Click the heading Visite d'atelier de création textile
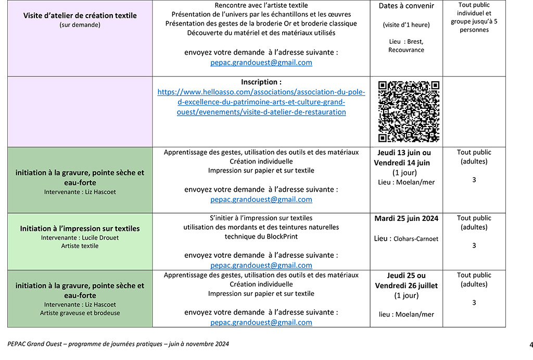tap(80, 16)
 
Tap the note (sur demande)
tap(80, 25)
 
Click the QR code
tap(409, 111)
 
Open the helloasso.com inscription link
tap(261, 102)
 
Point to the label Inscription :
tap(261, 82)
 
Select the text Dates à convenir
tap(406, 7)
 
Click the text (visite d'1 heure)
tap(406, 25)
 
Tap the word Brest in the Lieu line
tap(414, 42)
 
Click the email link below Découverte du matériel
tap(261, 63)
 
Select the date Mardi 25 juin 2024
tap(406, 218)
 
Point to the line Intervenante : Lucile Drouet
tap(80, 238)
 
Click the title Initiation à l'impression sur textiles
tap(80, 229)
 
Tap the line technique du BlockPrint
tap(261, 237)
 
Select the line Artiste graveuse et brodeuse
tap(80, 313)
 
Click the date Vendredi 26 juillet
tap(406, 285)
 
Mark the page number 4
tap(531, 344)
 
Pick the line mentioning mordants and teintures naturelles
tap(261, 227)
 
